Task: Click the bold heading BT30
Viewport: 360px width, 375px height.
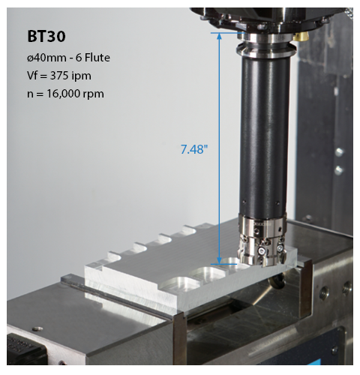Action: [46, 37]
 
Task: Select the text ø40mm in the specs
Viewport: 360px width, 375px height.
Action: [46, 58]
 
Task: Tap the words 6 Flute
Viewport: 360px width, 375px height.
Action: [93, 58]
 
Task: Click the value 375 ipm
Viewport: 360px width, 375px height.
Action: [70, 76]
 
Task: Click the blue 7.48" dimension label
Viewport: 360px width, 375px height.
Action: [194, 149]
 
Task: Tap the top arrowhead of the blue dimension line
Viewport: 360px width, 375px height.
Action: [219, 37]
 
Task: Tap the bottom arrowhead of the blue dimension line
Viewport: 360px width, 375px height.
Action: [219, 260]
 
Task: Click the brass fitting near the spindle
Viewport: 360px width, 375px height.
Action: [301, 37]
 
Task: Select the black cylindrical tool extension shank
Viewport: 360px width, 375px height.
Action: [265, 135]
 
